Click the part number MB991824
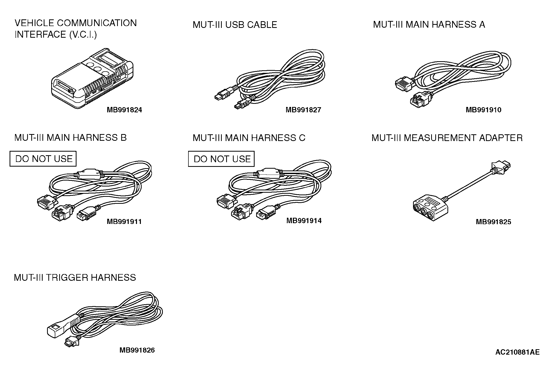coord(124,110)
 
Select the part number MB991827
coord(303,110)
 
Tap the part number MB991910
coord(483,110)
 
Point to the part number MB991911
coord(124,222)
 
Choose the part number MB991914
coord(304,221)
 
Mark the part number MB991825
coord(493,222)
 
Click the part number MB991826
coord(137,350)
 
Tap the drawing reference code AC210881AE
coord(517,352)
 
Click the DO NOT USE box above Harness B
coord(43,159)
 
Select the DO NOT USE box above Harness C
coord(222,159)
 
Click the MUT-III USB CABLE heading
coord(235,25)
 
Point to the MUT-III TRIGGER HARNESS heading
coord(75,278)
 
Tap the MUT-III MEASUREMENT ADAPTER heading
coord(447,138)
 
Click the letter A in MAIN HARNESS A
coord(482,25)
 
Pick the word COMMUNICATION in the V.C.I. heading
coord(97,23)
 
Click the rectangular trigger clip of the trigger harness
coord(55,329)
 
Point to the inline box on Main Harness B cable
coord(88,175)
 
